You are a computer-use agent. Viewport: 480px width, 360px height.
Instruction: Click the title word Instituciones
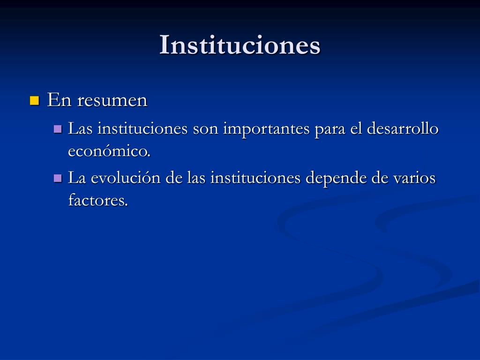240,45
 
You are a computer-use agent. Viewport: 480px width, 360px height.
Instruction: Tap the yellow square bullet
35,101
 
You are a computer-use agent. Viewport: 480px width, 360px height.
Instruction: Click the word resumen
112,100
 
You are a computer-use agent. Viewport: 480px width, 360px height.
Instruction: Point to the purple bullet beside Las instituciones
58,128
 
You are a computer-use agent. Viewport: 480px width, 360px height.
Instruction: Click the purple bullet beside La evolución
58,178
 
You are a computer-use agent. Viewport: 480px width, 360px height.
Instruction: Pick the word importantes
266,129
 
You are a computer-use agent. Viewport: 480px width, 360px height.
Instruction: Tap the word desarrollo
403,128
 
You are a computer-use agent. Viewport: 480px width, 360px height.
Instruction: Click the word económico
109,150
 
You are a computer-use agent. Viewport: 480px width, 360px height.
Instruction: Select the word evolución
126,178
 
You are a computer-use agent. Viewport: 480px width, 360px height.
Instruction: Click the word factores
98,200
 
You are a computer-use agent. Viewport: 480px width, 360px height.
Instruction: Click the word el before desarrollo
356,128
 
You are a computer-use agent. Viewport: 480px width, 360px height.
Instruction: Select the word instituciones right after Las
142,128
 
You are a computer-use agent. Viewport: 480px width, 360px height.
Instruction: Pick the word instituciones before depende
255,178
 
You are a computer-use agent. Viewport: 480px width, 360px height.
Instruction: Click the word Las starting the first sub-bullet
80,128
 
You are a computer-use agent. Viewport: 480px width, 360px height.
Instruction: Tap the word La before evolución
77,178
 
